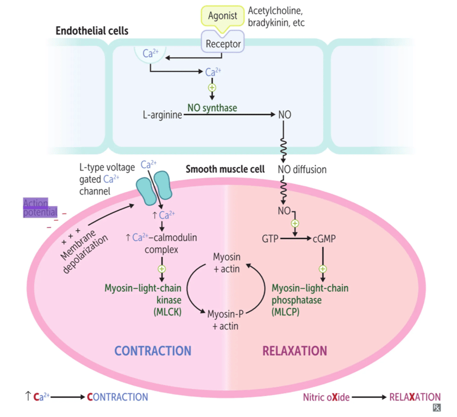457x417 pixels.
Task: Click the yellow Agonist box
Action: tap(223, 16)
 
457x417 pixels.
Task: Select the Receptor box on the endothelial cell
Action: tap(223, 43)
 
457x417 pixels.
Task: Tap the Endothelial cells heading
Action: tap(92, 30)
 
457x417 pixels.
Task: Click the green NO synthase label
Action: tap(212, 108)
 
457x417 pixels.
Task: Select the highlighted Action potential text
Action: tap(35, 207)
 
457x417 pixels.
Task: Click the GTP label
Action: tap(270, 238)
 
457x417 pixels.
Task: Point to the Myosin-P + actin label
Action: tap(225, 320)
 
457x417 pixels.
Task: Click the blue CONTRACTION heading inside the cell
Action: tap(153, 351)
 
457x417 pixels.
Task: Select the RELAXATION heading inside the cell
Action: tap(295, 351)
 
